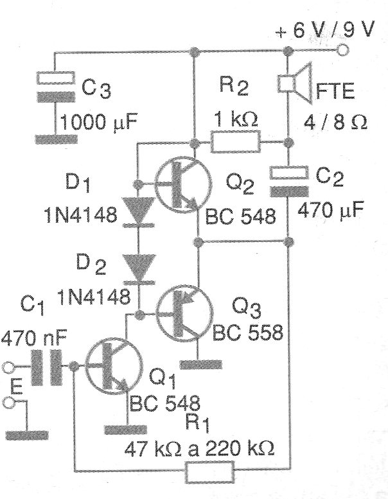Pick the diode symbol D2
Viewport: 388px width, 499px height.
(137, 268)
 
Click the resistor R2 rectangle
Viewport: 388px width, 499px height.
(236, 141)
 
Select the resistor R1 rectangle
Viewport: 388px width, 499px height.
(210, 475)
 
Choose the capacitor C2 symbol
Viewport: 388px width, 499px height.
(288, 180)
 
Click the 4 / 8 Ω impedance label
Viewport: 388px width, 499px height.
(340, 122)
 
